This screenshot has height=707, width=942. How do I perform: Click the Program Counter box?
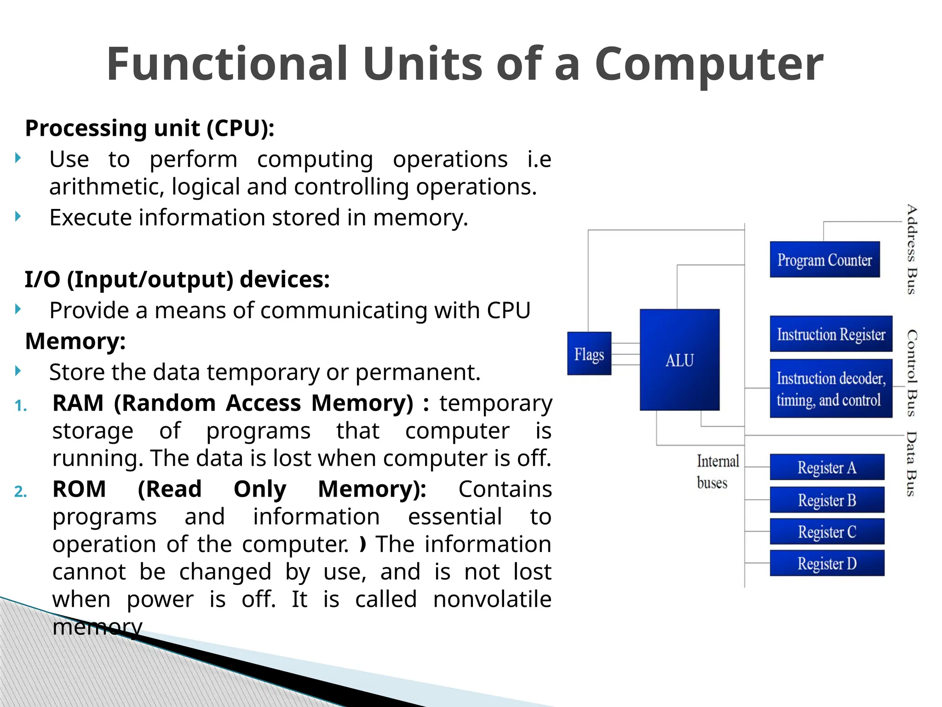coord(824,260)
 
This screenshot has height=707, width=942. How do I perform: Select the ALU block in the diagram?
coord(679,360)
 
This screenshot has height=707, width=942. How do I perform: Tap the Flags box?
coord(589,353)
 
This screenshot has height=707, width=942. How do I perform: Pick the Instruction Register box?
coord(831,334)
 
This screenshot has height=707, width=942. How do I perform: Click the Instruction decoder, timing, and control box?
coord(831,389)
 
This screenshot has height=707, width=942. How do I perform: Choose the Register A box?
coord(827,467)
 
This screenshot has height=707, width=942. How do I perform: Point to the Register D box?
coord(827,563)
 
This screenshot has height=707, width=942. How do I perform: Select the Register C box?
coord(827,532)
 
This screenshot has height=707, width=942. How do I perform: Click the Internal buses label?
coord(717,472)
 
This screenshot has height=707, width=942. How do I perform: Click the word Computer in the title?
coord(708,64)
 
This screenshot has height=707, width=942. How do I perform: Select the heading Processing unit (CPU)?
coord(149,128)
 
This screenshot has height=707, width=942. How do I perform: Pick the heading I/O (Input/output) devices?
coord(177,279)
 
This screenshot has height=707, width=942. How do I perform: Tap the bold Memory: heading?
coord(75,341)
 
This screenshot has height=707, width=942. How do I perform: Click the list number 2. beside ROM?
coord(21,492)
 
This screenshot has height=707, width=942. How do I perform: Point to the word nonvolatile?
coord(492,599)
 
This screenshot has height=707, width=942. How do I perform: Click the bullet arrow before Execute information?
coord(18,216)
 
